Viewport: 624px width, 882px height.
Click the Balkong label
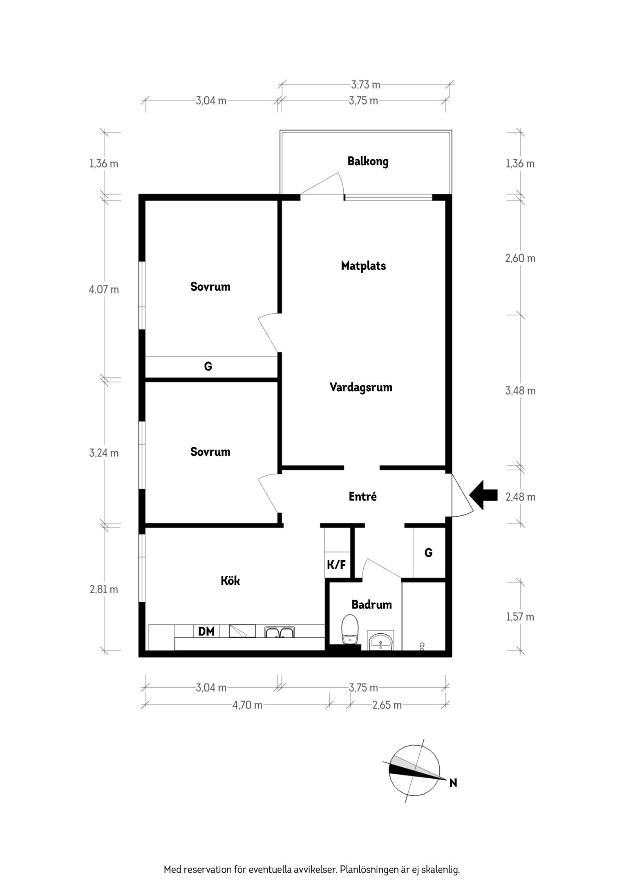pyautogui.click(x=368, y=161)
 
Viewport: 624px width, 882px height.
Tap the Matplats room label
pyautogui.click(x=363, y=266)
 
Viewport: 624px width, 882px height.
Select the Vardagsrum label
pyautogui.click(x=361, y=387)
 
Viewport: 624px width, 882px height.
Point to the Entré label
pyautogui.click(x=362, y=496)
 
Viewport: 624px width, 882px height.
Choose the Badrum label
pyautogui.click(x=371, y=604)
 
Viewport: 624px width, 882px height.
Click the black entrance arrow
pyautogui.click(x=483, y=495)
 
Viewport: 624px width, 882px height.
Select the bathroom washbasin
pyautogui.click(x=381, y=640)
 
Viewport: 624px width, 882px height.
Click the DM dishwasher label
pyautogui.click(x=206, y=632)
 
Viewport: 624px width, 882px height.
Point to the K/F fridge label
pyautogui.click(x=336, y=565)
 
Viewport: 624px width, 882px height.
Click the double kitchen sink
pyautogui.click(x=279, y=632)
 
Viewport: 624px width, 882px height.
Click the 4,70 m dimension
pyautogui.click(x=247, y=705)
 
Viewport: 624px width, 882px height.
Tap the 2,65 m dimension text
pyautogui.click(x=387, y=705)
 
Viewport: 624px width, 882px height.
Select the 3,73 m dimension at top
pyautogui.click(x=365, y=85)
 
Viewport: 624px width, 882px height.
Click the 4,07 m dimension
pyautogui.click(x=104, y=290)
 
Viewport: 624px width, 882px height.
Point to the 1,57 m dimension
pyautogui.click(x=520, y=617)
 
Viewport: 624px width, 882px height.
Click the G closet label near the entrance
pyautogui.click(x=428, y=552)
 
